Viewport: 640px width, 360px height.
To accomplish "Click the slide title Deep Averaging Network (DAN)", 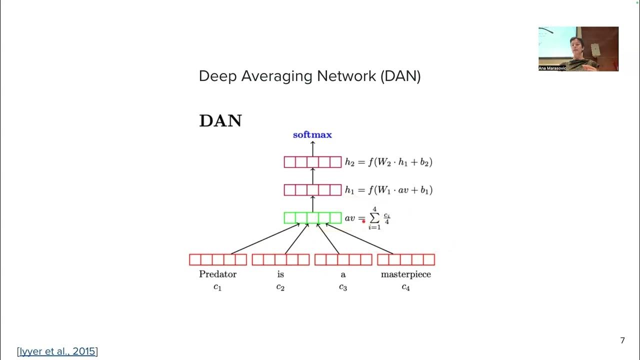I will [x=309, y=76].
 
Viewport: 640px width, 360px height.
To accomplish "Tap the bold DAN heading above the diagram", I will [x=220, y=121].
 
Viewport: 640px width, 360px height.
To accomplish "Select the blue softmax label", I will [x=312, y=135].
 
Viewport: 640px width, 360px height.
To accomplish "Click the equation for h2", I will [x=388, y=162].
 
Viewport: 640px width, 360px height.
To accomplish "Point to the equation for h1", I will [x=388, y=190].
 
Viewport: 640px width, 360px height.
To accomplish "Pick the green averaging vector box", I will [x=312, y=218].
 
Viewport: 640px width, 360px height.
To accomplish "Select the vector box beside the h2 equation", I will [x=312, y=162].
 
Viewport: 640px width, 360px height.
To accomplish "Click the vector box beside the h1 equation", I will [x=312, y=190].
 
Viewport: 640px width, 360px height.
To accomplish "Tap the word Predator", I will [x=217, y=274].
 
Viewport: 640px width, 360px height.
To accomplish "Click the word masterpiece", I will [x=405, y=274].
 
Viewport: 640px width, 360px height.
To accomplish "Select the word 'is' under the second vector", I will [x=280, y=274].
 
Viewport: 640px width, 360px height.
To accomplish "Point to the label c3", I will [x=343, y=287].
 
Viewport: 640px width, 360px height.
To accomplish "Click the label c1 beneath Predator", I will [x=217, y=287].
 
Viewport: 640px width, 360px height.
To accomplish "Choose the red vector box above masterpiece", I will [x=405, y=259].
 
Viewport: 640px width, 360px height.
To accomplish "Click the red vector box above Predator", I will [x=217, y=259].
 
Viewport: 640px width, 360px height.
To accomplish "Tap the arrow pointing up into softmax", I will [x=312, y=148].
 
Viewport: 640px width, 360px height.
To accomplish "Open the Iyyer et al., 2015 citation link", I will [x=57, y=351].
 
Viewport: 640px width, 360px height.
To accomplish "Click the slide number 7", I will [x=622, y=340].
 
